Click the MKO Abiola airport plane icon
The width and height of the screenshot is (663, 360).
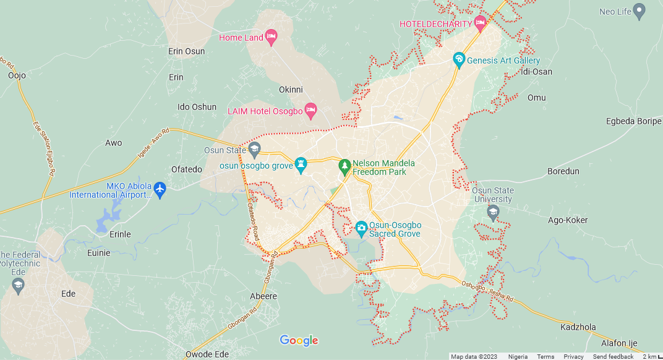(160, 187)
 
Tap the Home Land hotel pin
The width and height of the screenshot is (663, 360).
(271, 37)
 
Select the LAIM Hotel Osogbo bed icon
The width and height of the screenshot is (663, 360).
(311, 111)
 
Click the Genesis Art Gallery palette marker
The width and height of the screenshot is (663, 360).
(458, 60)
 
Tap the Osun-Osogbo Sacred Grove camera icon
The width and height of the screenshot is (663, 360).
(361, 229)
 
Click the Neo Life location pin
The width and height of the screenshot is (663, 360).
(639, 11)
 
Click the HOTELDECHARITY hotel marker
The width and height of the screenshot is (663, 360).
(480, 24)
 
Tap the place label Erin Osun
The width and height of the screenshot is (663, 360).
(186, 51)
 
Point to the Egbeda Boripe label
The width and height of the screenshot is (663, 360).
(633, 121)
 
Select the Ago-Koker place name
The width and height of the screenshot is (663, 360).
(568, 220)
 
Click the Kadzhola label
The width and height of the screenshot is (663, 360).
(578, 327)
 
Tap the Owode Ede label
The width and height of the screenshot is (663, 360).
(207, 354)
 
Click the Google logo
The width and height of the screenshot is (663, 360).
(299, 340)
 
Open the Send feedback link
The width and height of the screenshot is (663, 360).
(613, 356)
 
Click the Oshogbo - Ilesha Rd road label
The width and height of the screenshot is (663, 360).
(488, 291)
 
